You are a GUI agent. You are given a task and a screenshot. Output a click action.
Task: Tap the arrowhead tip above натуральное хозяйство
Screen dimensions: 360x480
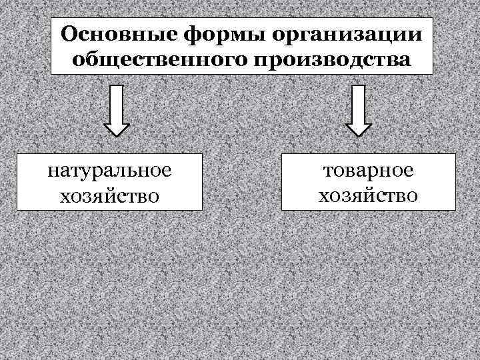coord(117,135)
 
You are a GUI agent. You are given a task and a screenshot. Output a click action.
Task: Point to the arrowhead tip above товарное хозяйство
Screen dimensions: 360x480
coord(359,135)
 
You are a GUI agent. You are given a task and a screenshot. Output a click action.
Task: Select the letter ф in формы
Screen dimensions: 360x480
coord(179,35)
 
